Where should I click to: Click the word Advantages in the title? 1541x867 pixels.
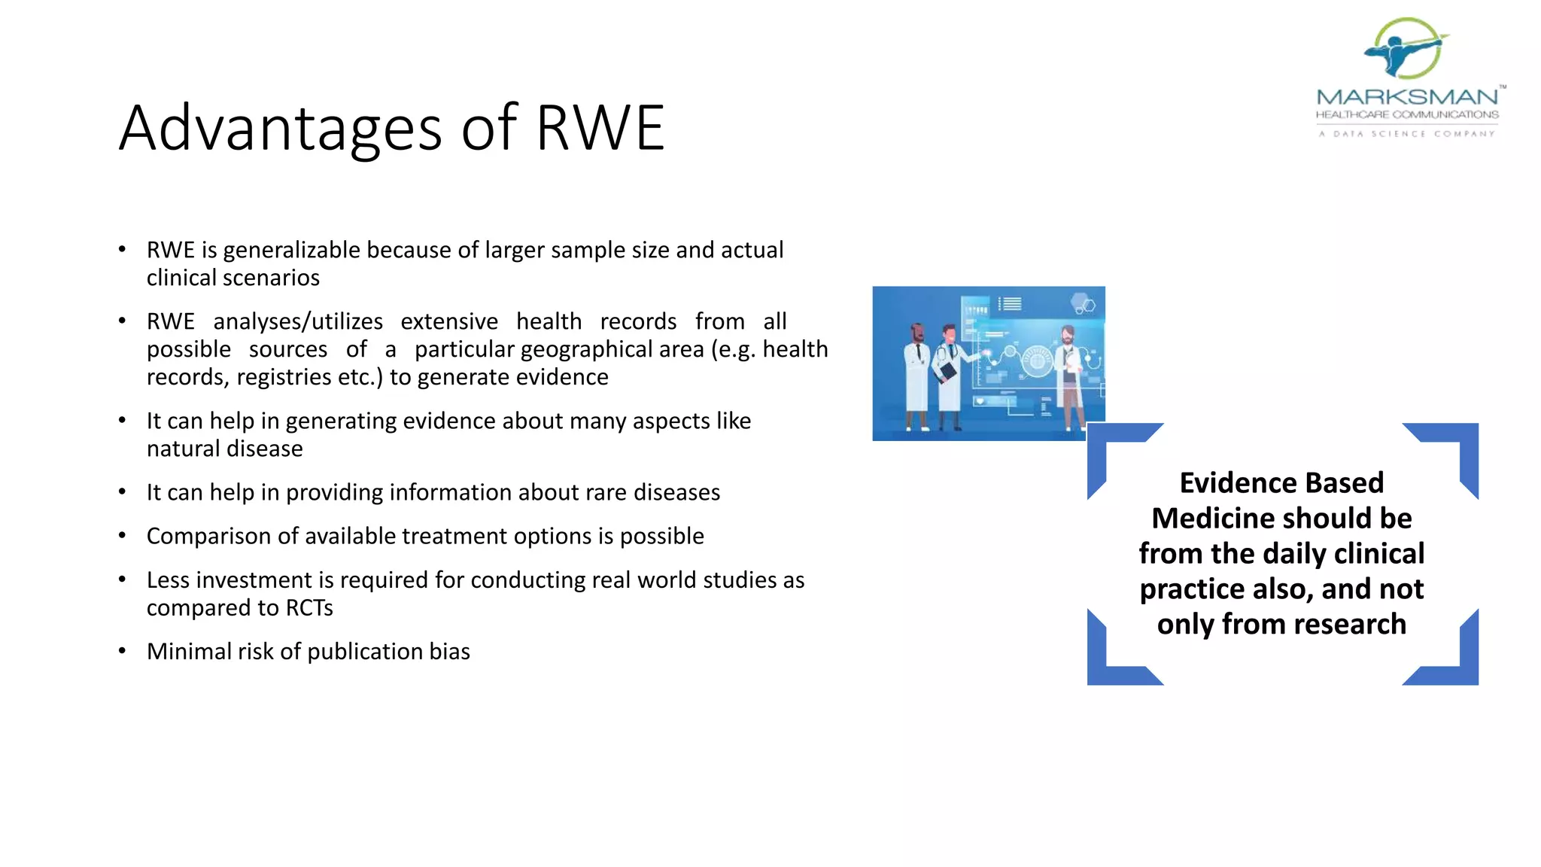(x=280, y=128)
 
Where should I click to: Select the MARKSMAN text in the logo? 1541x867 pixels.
(x=1407, y=97)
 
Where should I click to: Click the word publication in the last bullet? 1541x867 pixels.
(x=365, y=652)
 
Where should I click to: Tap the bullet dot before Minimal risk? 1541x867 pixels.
(x=122, y=651)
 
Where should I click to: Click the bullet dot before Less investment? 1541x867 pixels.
(x=122, y=580)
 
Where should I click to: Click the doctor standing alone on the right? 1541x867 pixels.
(x=1069, y=376)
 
